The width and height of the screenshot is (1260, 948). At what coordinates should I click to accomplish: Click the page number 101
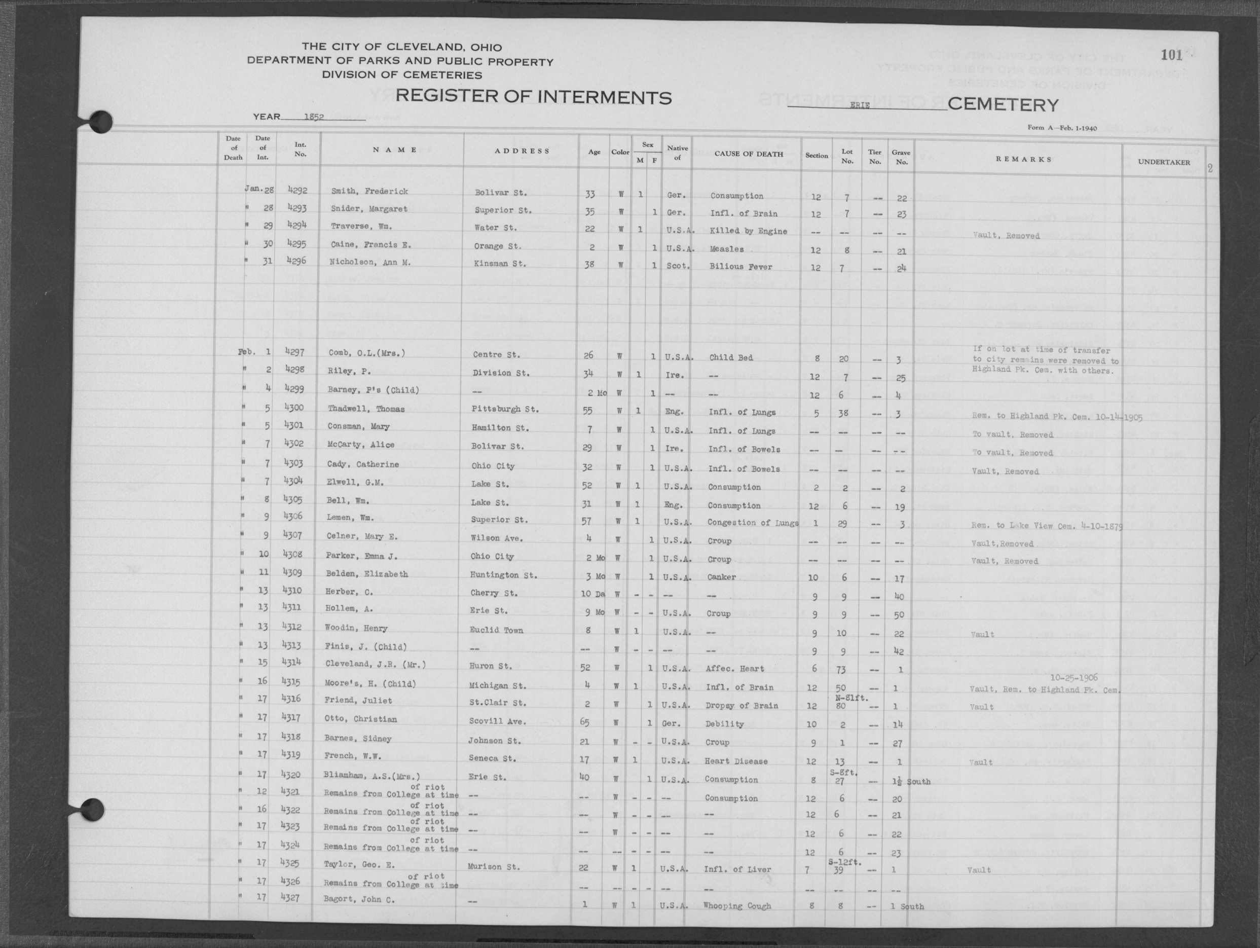click(1171, 55)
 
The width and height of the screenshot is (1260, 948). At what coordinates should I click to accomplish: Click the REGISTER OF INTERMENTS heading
click(533, 97)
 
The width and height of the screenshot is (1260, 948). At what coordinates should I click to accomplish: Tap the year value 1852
click(314, 117)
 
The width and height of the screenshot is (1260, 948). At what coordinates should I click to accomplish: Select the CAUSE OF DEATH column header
click(749, 154)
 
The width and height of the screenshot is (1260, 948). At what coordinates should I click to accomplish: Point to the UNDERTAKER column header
click(1164, 162)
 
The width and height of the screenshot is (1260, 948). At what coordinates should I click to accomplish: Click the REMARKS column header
click(1024, 160)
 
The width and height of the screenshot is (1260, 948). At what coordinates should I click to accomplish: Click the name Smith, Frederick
click(369, 192)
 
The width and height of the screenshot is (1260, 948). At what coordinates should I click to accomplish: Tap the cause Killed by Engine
click(748, 231)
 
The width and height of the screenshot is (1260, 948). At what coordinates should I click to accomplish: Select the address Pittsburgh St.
click(505, 409)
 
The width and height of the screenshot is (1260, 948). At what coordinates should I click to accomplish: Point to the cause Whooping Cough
click(736, 906)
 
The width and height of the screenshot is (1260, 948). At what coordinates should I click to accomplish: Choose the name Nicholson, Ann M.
click(369, 263)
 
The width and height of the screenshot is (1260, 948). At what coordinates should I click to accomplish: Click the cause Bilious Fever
click(740, 267)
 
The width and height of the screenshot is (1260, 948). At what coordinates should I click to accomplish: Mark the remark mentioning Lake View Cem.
click(1047, 526)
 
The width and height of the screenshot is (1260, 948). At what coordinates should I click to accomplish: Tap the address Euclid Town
click(496, 630)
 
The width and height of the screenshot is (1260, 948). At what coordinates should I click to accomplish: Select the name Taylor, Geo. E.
click(359, 864)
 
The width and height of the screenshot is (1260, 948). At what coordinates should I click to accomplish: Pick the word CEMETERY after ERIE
click(1003, 105)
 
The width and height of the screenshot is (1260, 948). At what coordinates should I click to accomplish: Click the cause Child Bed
click(731, 358)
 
